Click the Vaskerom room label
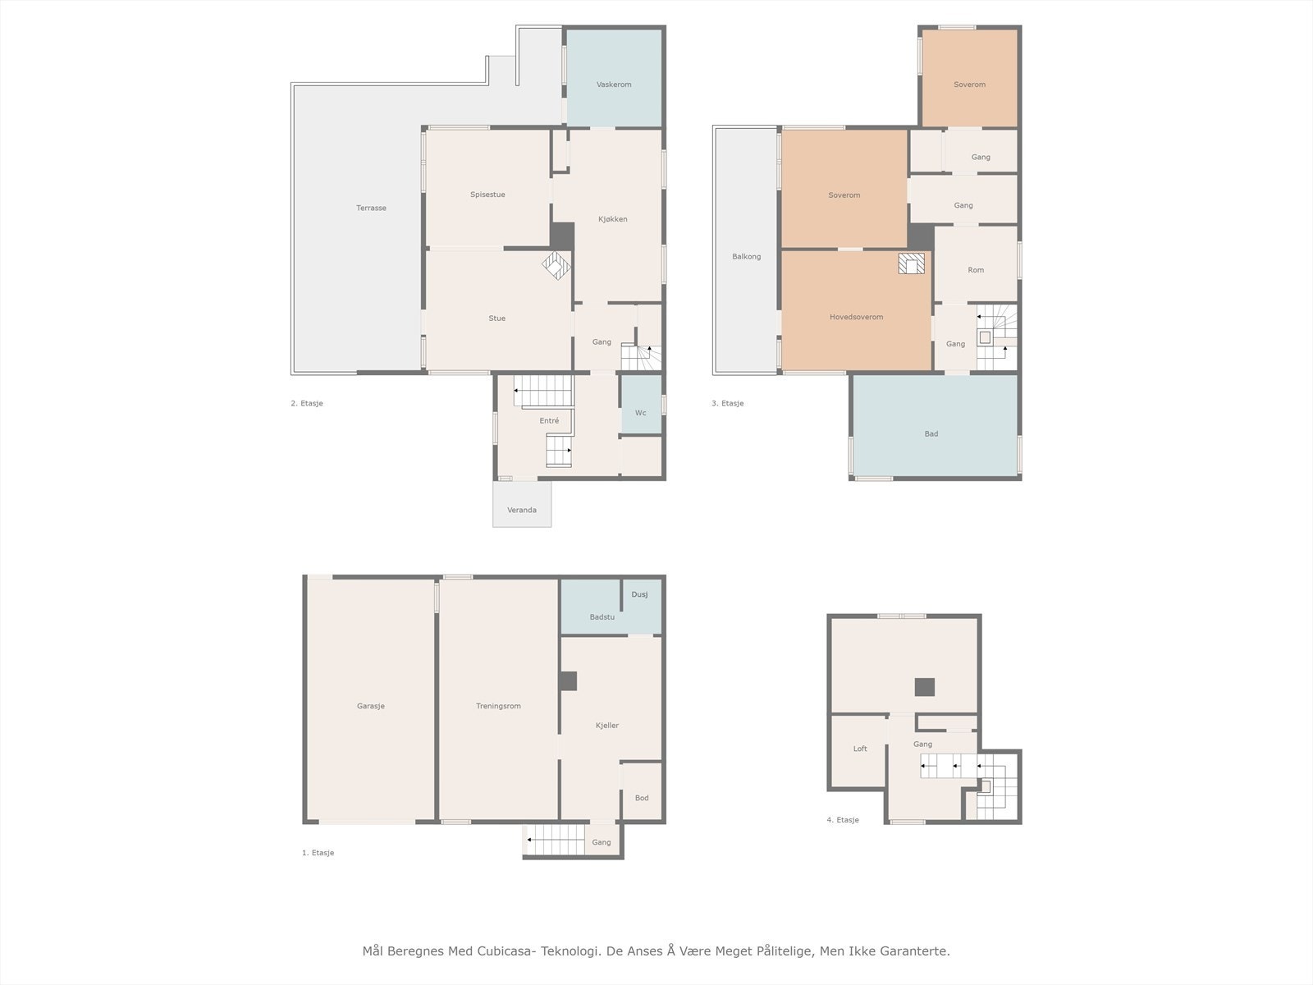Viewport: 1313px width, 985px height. (614, 85)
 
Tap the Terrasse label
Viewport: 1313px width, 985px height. (371, 208)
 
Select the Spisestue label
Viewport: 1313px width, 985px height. (487, 195)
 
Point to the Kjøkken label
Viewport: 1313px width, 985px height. (612, 219)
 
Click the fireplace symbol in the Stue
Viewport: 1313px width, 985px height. (556, 265)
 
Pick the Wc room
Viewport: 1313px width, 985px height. (641, 404)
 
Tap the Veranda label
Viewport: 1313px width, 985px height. (522, 510)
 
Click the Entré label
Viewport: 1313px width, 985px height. (549, 421)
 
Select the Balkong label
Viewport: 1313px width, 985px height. (747, 257)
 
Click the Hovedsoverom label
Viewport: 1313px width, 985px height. (856, 317)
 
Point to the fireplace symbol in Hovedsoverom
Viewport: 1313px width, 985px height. (912, 263)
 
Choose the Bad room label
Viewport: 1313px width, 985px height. (931, 433)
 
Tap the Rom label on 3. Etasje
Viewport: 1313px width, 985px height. (976, 270)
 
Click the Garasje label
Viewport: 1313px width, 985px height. (370, 706)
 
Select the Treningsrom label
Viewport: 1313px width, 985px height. (498, 706)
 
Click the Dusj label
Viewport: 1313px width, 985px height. (639, 594)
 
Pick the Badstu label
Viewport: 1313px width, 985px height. (602, 617)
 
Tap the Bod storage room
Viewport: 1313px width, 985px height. (642, 790)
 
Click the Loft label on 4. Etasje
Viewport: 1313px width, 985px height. (860, 749)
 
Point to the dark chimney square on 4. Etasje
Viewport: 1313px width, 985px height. (925, 687)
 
